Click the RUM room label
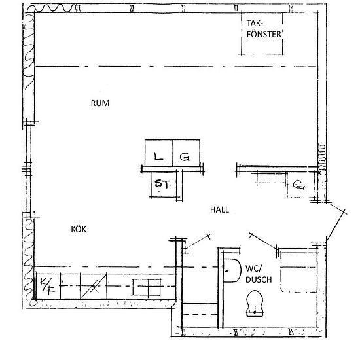pos(99,103)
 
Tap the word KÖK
pos(79,229)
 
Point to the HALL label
pos(219,210)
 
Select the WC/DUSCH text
pos(255,274)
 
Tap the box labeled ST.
pos(162,184)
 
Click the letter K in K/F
pos(44,282)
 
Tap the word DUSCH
pos(255,279)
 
